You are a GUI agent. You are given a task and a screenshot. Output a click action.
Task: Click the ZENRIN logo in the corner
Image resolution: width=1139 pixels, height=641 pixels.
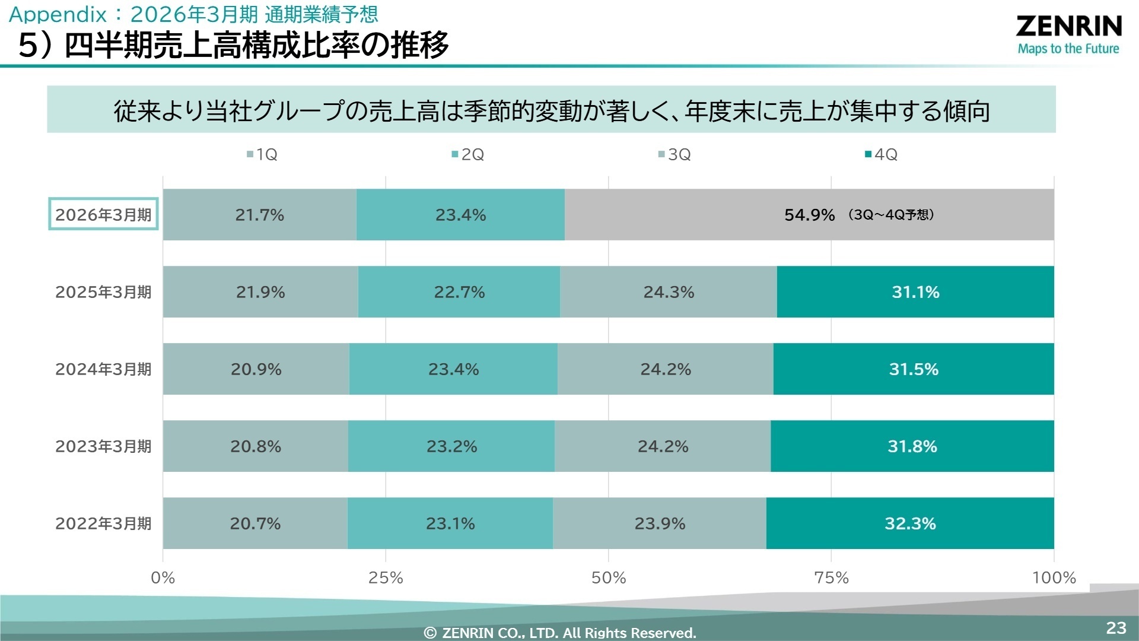click(1068, 34)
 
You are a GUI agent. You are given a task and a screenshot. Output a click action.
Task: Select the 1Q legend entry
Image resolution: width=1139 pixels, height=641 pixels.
click(262, 155)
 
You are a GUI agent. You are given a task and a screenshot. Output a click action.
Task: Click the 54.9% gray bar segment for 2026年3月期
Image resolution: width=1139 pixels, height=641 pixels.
click(809, 215)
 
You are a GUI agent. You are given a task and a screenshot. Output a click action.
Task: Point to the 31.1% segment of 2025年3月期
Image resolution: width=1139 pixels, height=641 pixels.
click(915, 292)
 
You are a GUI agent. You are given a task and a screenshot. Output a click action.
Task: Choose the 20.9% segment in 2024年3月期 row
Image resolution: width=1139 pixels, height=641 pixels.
click(256, 369)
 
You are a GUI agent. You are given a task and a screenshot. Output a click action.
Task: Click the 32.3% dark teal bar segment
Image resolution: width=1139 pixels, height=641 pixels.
click(910, 523)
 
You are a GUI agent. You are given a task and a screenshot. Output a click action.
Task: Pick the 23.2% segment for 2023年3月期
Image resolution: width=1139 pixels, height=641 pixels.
click(451, 446)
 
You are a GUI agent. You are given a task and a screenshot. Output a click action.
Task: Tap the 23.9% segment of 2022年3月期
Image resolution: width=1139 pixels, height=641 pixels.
click(660, 523)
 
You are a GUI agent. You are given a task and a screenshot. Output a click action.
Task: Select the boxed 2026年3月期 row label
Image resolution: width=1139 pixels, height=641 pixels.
click(103, 214)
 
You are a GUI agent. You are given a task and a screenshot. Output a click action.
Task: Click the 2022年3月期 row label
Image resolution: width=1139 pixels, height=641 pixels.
click(103, 523)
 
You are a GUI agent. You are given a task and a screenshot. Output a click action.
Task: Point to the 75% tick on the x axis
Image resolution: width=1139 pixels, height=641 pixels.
click(831, 577)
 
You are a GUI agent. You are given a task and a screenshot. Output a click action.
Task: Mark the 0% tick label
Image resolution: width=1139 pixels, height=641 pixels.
click(163, 577)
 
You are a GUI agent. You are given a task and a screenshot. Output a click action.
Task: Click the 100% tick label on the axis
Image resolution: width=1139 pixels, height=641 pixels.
click(1054, 577)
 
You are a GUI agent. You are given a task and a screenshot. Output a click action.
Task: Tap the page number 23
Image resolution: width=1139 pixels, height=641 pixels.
click(1116, 628)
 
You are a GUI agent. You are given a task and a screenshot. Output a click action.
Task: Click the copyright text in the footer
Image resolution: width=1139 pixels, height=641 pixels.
click(560, 633)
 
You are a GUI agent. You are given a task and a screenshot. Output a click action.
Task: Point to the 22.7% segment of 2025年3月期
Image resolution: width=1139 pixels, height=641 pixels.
click(459, 292)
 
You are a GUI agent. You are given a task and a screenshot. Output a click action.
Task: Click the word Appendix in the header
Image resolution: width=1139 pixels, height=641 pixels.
click(58, 14)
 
